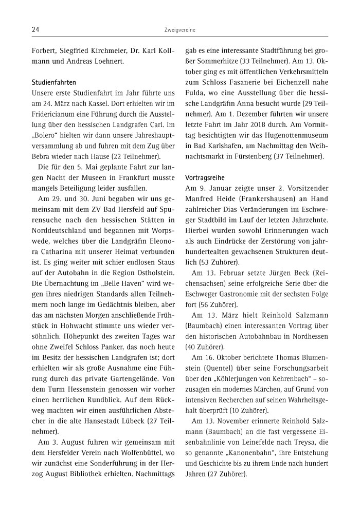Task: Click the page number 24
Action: click(35, 30)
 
